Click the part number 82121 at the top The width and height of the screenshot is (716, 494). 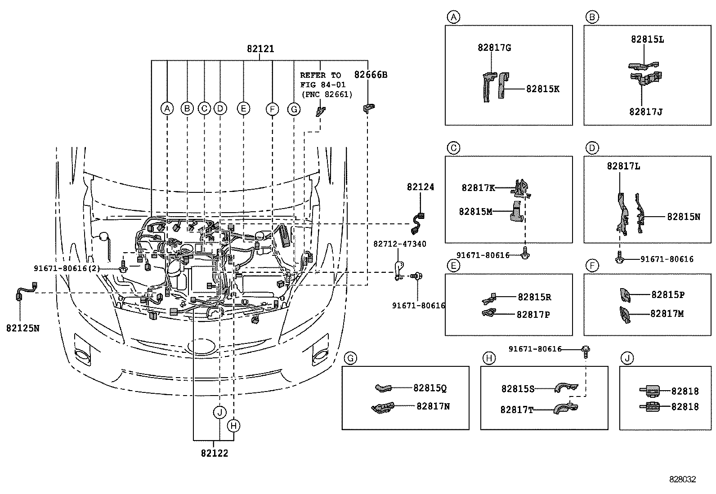point(260,49)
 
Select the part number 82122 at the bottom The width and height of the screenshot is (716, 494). point(215,453)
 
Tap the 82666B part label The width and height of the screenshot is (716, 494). point(371,75)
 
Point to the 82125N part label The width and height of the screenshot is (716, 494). point(22,328)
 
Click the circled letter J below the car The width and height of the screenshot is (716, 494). point(219,412)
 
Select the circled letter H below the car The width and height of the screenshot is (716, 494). point(233,425)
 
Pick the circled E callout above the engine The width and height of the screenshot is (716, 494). point(243,108)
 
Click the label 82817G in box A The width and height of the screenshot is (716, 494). point(494,48)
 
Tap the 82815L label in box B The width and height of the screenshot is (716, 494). point(647,39)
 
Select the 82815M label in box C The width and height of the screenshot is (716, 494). point(475,211)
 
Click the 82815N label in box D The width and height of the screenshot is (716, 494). point(683,216)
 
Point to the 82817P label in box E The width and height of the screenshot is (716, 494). point(533,315)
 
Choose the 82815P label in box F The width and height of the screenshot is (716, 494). point(668,295)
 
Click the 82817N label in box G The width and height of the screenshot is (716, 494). point(433,406)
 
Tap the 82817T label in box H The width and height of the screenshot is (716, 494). point(517,409)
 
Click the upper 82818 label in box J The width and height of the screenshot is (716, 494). point(685,391)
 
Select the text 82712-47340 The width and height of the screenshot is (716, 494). point(399,244)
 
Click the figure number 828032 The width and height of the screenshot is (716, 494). point(682,479)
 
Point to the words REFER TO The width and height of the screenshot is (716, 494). point(320,75)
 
